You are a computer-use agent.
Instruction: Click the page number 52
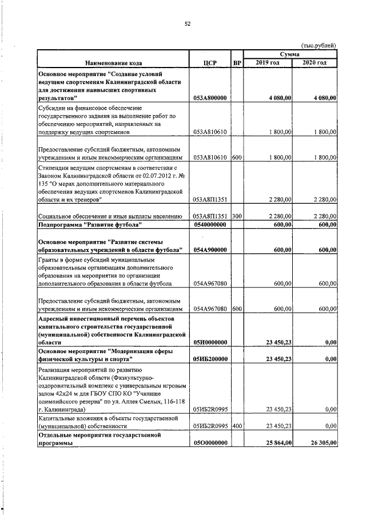(187, 23)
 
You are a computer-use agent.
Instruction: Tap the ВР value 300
(237, 216)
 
